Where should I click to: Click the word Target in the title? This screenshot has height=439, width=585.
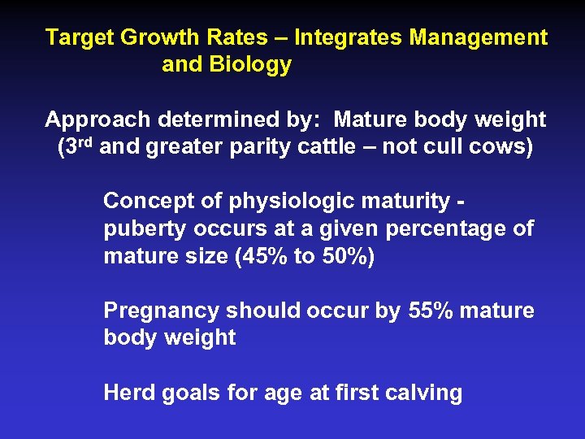(x=80, y=37)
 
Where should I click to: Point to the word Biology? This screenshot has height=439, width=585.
(x=249, y=65)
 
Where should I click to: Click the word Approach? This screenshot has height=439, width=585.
(x=97, y=120)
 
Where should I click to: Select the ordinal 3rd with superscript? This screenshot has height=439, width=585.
(x=80, y=148)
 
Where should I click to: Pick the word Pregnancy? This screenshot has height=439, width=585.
(x=162, y=311)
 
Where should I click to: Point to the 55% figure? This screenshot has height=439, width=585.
(x=428, y=311)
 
